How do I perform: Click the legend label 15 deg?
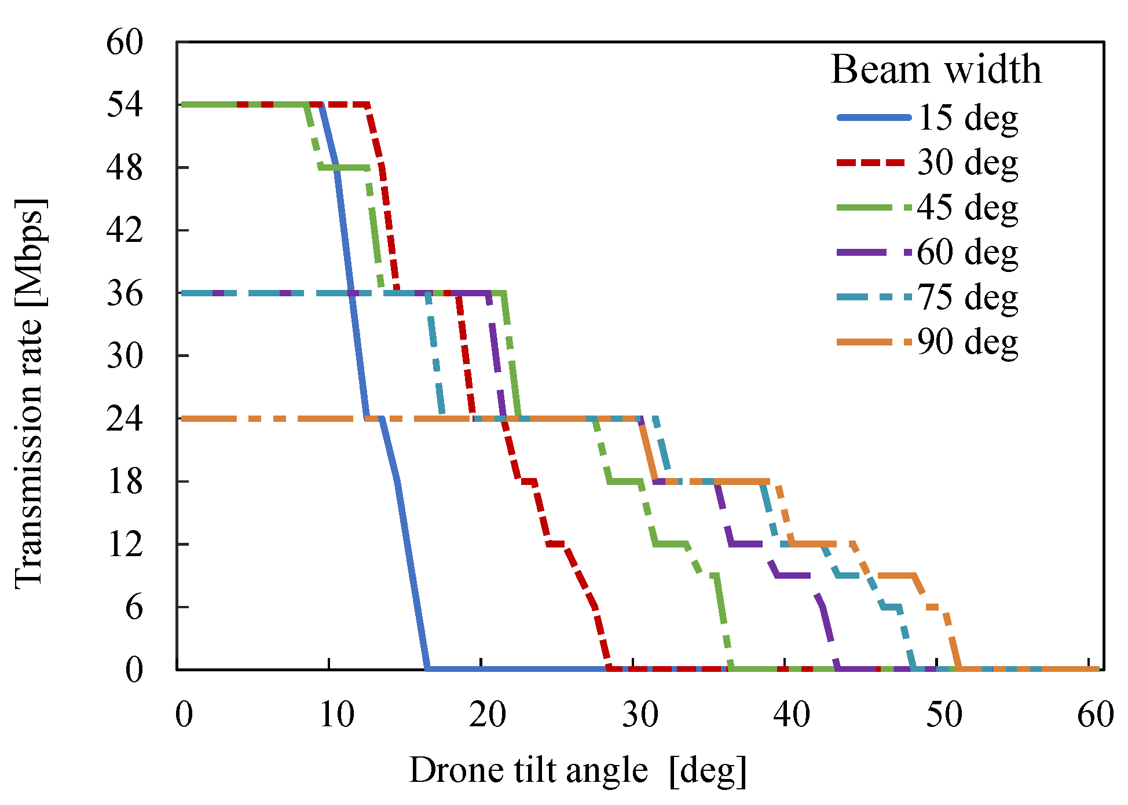968,118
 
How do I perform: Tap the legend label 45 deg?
968,208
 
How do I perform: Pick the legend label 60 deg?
968,253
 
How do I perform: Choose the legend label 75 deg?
968,297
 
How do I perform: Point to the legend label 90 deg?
968,343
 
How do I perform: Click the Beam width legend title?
936,69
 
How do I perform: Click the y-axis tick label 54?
124,105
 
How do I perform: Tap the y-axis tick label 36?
124,293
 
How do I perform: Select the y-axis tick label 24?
124,418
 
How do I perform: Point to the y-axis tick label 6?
134,607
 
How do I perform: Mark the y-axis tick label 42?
124,230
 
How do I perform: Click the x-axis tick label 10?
336,715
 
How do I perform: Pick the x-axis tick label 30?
640,715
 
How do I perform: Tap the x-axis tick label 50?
944,715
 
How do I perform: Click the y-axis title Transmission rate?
29,394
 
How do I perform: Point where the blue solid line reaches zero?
427,669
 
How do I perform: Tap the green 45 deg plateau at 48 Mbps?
344,168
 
